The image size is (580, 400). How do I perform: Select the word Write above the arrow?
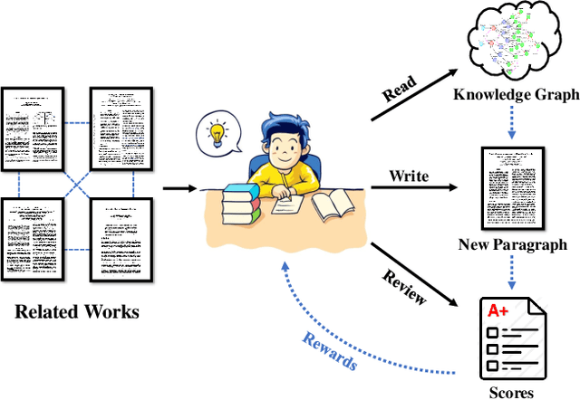tap(409, 174)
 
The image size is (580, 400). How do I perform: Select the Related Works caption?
tap(77, 314)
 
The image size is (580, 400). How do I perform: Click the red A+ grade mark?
tap(498, 310)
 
